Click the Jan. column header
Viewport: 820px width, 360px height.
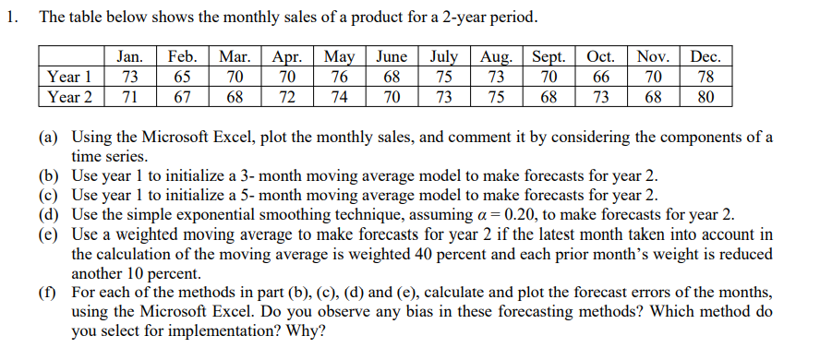tap(129, 57)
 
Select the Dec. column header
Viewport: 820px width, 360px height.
tap(705, 57)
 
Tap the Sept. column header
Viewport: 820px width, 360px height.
tap(550, 57)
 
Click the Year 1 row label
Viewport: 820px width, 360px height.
tap(70, 77)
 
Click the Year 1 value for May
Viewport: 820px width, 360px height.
tap(341, 77)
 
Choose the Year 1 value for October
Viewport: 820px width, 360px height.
tap(603, 77)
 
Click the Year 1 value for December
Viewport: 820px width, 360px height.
tap(705, 77)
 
